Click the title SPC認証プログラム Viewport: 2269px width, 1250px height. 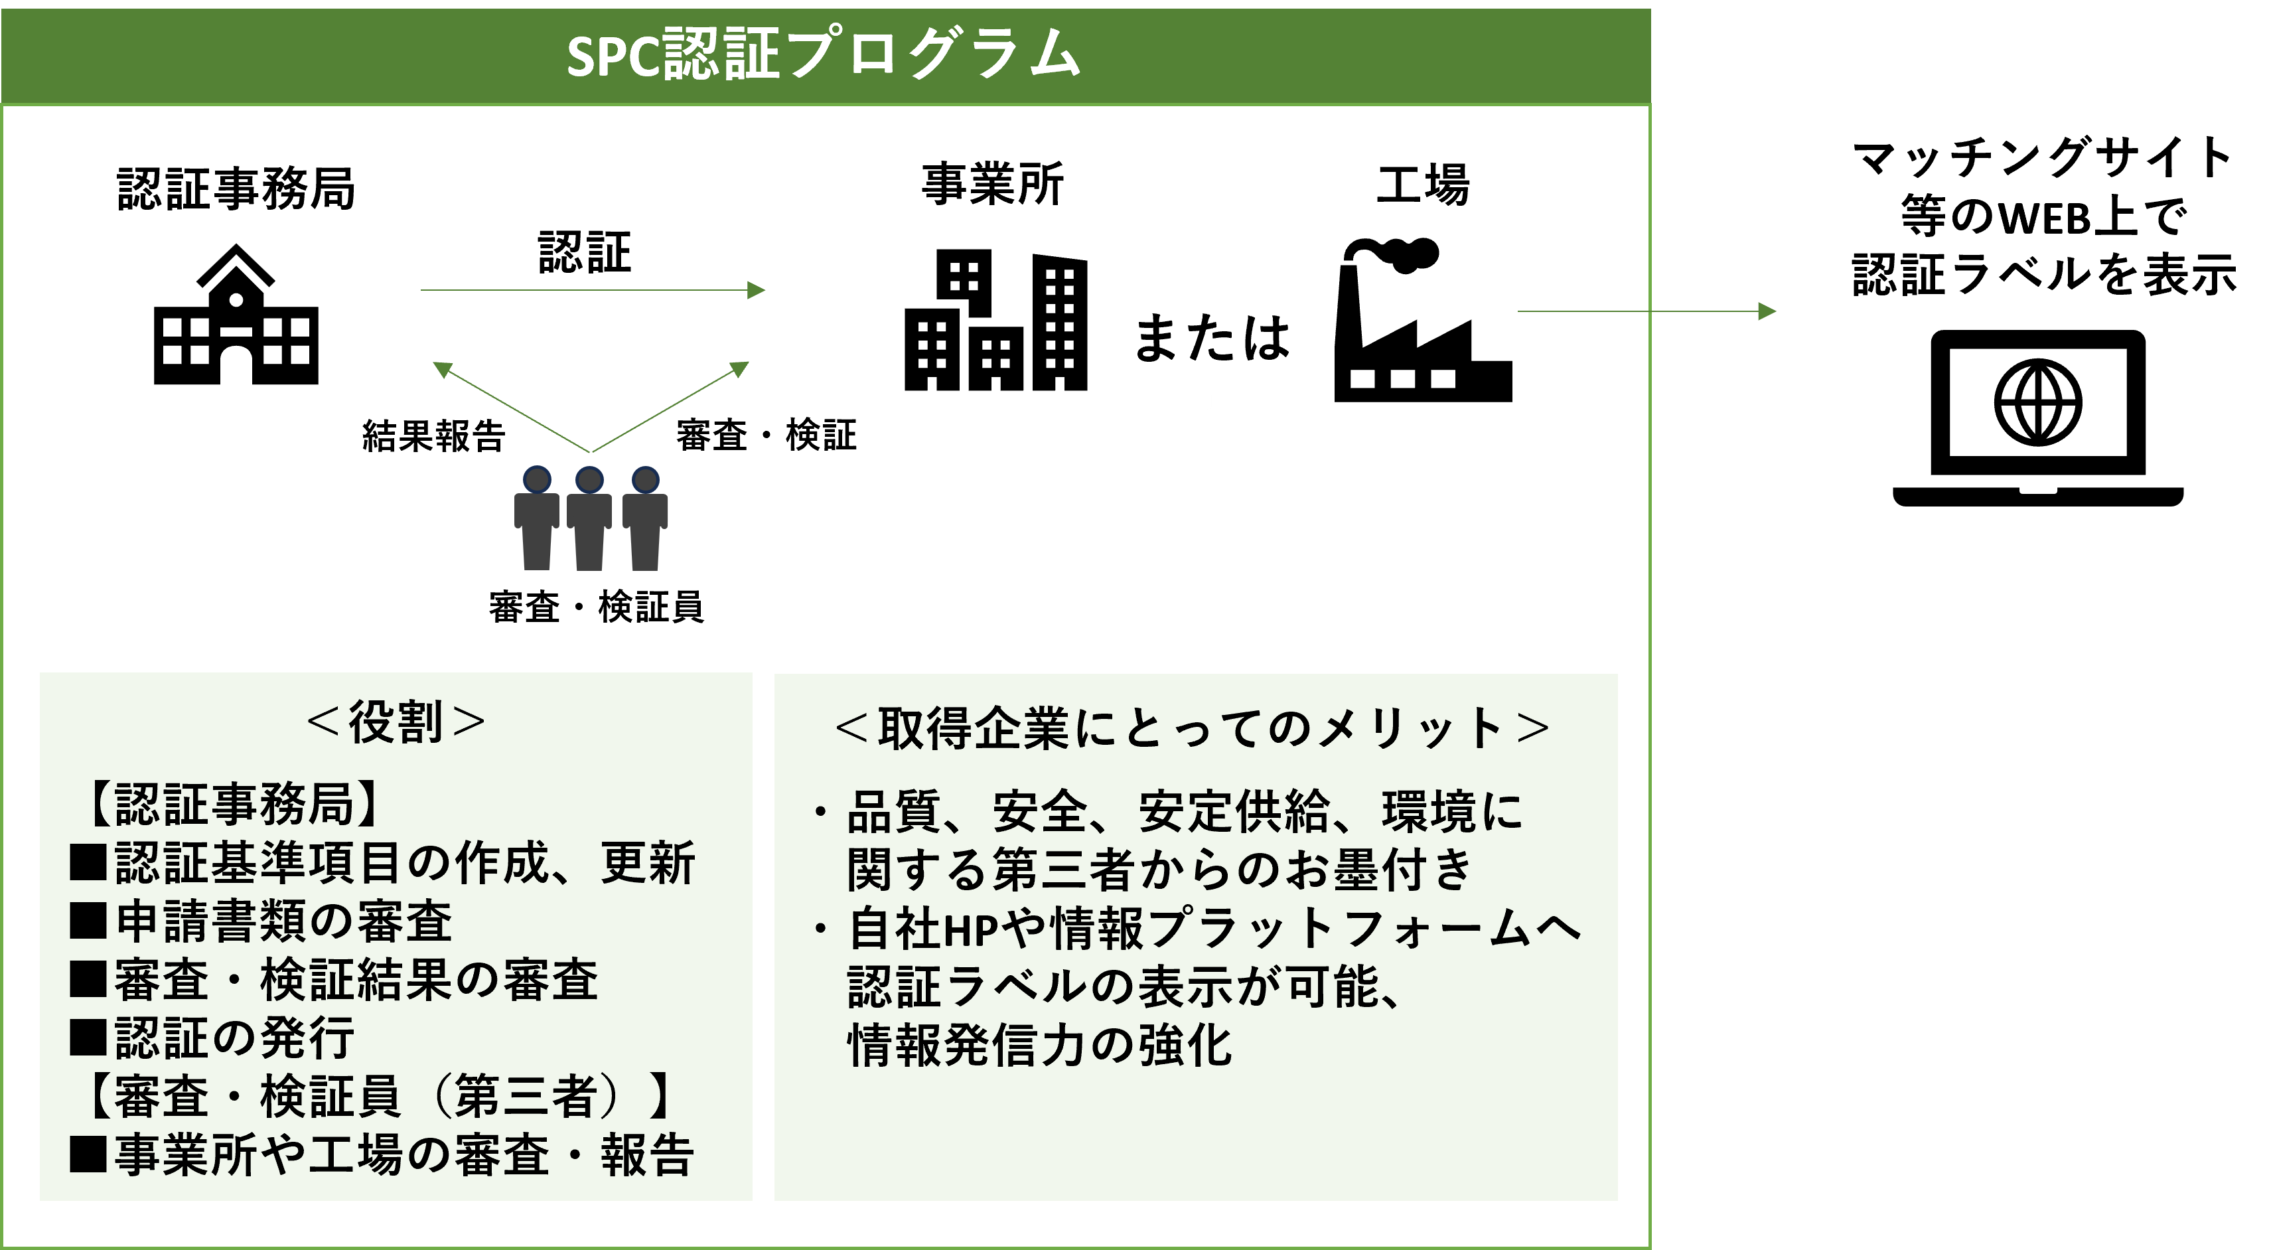(824, 54)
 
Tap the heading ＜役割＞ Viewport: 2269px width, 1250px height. (396, 722)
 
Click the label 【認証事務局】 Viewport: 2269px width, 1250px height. (234, 803)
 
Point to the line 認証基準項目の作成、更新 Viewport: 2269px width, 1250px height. (404, 862)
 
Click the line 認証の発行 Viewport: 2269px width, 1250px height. (234, 1038)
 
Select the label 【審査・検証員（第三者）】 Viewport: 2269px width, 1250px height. (379, 1097)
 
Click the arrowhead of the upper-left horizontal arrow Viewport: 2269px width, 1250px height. (757, 290)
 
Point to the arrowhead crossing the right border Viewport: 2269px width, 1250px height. (1767, 311)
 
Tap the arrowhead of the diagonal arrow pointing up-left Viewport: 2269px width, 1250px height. (441, 369)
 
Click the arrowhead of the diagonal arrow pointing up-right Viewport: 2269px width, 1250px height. (740, 368)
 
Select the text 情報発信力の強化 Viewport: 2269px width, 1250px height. (1039, 1046)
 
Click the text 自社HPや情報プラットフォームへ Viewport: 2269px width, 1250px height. (1214, 929)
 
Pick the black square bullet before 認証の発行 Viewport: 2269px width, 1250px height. (88, 1038)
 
